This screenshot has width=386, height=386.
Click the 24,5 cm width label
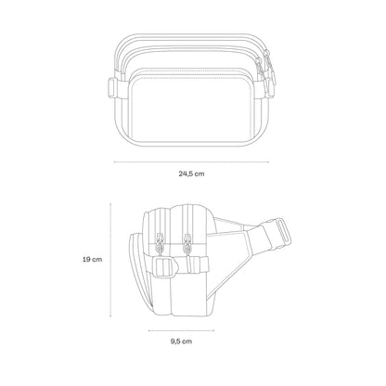(x=191, y=174)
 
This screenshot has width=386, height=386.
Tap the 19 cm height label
(x=92, y=259)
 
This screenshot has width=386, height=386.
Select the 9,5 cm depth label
(x=181, y=341)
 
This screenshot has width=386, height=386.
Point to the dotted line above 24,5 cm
(x=191, y=161)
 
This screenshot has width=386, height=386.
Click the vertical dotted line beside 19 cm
(x=110, y=260)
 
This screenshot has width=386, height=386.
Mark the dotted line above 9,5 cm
(x=181, y=330)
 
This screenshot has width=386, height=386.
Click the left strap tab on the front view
(x=112, y=87)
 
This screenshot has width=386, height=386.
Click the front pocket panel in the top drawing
(x=192, y=109)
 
